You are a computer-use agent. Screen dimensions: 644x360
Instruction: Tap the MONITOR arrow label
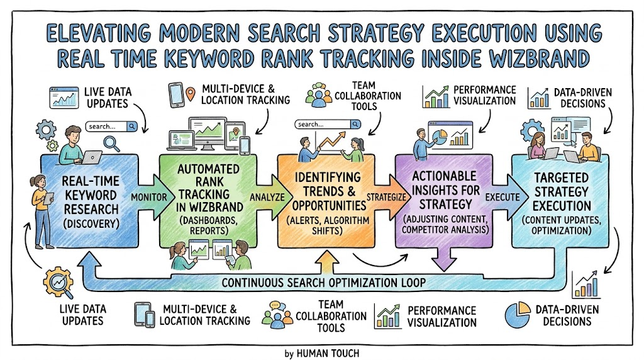coord(149,197)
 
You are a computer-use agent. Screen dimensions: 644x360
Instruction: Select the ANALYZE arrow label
coord(267,197)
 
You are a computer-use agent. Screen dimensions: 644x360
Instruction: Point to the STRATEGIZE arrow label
coord(386,197)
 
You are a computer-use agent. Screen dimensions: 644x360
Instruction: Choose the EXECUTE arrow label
coord(502,197)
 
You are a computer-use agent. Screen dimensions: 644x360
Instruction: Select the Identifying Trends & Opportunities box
coord(326,201)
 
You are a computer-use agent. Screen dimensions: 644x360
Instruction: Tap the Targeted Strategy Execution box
coord(560,201)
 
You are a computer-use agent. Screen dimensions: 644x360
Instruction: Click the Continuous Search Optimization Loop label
coord(324,283)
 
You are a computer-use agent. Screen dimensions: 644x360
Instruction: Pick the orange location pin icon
coord(190,94)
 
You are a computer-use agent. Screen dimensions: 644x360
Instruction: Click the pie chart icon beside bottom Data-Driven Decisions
coord(518,315)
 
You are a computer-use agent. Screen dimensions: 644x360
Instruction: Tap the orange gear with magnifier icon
coord(58,283)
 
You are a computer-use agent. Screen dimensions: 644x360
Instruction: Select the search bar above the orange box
coord(328,124)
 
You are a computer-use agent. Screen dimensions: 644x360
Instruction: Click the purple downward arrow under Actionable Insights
coord(444,259)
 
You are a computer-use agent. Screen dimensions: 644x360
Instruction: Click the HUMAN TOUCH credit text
coord(327,354)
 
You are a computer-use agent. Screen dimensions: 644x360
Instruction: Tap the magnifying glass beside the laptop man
coord(111,143)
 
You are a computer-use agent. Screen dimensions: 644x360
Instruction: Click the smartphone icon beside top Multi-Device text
coord(176,95)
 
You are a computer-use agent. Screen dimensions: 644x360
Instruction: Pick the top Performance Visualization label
coord(484,95)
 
